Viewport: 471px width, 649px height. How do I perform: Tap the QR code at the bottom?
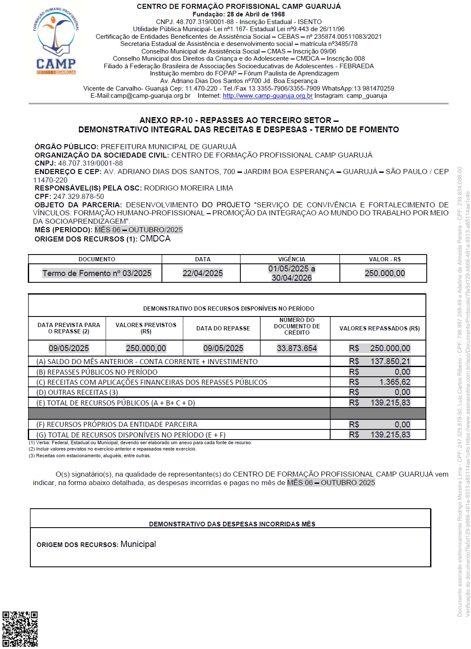(20, 628)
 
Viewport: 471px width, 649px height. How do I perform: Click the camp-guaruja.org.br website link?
(267, 96)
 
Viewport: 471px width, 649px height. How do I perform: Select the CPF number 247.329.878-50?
(78, 196)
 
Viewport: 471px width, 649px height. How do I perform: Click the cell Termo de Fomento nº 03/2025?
(97, 273)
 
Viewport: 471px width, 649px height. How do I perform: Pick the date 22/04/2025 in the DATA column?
(202, 273)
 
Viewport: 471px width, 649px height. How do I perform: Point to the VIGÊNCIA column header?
(291, 259)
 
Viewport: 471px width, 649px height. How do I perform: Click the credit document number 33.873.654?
(296, 348)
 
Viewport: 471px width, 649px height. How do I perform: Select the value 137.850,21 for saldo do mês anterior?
(390, 361)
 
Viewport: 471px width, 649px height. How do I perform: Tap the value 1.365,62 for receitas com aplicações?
(395, 382)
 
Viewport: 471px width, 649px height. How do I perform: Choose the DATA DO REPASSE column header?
(223, 328)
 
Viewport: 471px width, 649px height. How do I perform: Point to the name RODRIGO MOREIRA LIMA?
(188, 188)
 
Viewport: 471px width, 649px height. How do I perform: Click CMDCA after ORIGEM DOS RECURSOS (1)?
(155, 239)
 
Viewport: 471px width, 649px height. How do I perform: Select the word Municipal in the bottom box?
(138, 544)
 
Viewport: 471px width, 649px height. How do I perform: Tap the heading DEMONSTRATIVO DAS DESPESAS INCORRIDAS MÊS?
(232, 524)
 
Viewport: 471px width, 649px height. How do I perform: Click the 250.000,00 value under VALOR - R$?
(385, 273)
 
